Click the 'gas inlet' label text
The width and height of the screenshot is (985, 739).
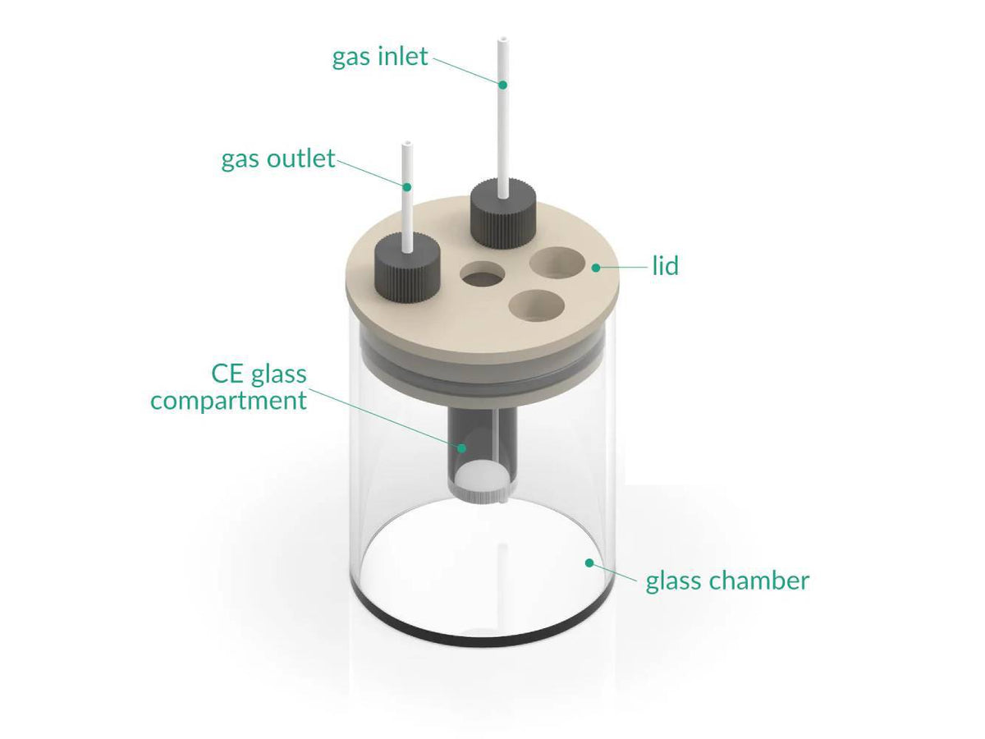coord(380,57)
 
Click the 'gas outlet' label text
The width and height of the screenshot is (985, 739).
coord(278,158)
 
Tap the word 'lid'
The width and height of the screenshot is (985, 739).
coord(665,266)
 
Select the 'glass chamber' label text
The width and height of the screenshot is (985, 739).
coord(727,581)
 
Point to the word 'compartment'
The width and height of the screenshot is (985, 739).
coord(228,401)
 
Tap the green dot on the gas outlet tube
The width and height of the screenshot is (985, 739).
coord(406,186)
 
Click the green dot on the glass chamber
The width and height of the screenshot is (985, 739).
coord(589,562)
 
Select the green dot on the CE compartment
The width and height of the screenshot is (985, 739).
coord(462,448)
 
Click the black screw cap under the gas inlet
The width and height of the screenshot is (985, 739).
coord(502,215)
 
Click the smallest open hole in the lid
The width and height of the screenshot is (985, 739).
coord(483,275)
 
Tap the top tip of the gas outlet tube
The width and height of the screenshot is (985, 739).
coord(405,145)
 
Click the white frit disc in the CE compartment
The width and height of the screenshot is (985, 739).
coord(480,476)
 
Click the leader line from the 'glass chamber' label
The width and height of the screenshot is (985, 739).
coord(616,571)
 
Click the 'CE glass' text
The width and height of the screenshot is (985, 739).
coord(259,374)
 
